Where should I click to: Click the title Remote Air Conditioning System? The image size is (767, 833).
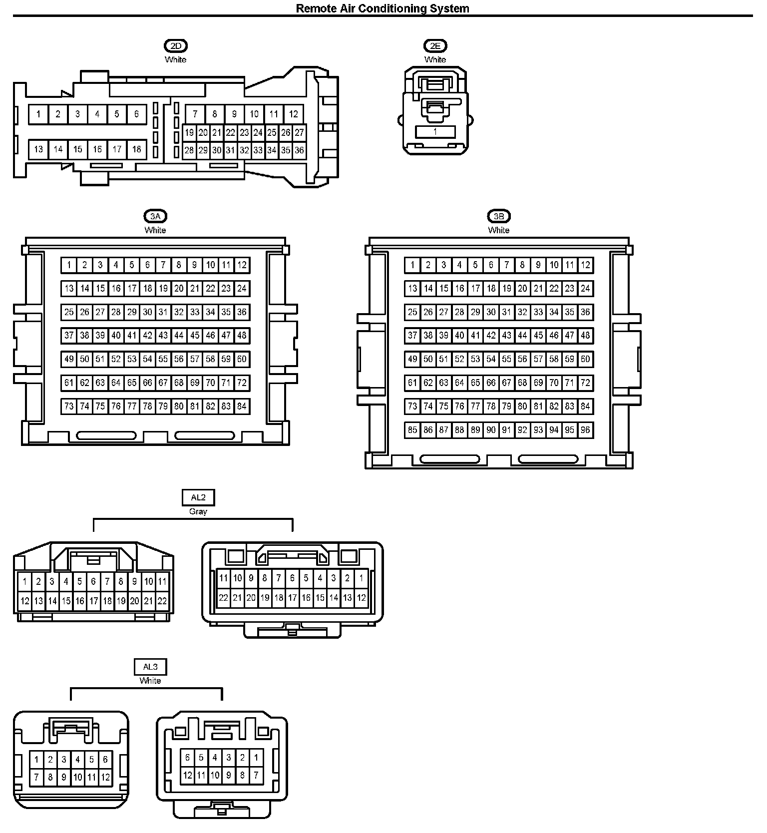tap(383, 8)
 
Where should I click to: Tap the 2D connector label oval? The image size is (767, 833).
tap(175, 46)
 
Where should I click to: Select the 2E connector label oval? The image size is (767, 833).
tap(435, 46)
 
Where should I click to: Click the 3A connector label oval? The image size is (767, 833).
tap(155, 217)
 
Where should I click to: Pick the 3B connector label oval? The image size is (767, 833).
tap(499, 217)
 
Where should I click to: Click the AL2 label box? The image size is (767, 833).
tap(198, 497)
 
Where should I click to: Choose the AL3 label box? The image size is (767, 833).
tap(150, 667)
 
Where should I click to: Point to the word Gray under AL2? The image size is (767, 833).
tap(198, 511)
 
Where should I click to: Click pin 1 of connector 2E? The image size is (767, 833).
tap(435, 132)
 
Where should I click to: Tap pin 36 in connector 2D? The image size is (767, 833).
tap(299, 150)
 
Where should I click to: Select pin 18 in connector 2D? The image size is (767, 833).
tap(136, 149)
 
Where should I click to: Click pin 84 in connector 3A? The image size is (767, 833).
tap(242, 407)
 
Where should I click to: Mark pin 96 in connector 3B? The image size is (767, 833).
tap(586, 430)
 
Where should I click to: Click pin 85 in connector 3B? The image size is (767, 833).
tap(412, 430)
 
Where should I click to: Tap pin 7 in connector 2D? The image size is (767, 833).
tap(195, 114)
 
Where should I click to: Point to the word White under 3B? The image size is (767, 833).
tap(499, 230)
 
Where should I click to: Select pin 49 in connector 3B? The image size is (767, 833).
tap(412, 359)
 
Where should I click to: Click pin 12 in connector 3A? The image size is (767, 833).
tap(242, 265)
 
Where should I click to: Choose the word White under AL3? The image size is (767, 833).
tap(150, 681)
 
